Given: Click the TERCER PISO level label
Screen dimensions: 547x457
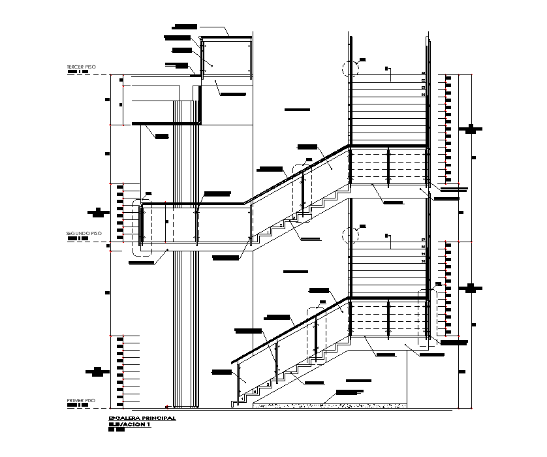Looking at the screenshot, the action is click(x=81, y=67).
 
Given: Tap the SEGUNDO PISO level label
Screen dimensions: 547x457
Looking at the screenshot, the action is click(x=84, y=233).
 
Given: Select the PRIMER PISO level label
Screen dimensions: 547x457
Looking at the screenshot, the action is click(x=81, y=400).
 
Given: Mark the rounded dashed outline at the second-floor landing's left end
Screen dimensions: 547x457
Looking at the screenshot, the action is click(x=141, y=228).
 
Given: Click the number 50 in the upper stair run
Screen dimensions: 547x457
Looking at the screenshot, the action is click(x=423, y=95).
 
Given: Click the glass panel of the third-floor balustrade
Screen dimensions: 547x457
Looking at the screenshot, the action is click(x=225, y=59).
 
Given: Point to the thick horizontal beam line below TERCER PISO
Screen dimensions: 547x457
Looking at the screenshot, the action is click(x=166, y=123).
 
